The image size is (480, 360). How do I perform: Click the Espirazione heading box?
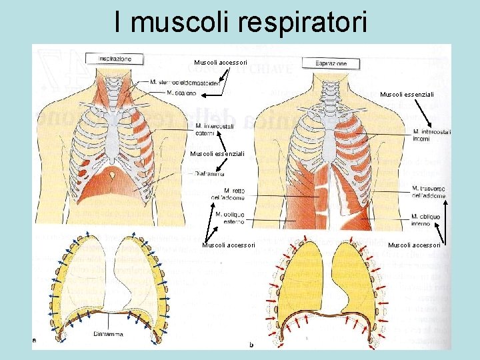(331, 63)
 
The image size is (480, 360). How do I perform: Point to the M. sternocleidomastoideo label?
(185, 83)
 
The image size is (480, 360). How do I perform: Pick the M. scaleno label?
(182, 93)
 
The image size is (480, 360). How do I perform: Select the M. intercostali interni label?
(432, 135)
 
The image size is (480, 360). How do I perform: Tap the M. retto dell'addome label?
(228, 193)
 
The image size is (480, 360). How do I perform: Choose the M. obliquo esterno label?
(230, 218)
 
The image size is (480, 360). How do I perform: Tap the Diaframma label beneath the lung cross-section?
(107, 334)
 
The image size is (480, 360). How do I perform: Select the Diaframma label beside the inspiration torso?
(210, 173)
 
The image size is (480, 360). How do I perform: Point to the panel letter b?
(251, 344)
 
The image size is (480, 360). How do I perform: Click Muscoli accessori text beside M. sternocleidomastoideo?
(221, 62)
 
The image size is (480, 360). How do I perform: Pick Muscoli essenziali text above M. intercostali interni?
(407, 95)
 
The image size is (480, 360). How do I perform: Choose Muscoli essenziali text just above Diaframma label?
(217, 154)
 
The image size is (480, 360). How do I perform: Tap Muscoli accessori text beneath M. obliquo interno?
(414, 245)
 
